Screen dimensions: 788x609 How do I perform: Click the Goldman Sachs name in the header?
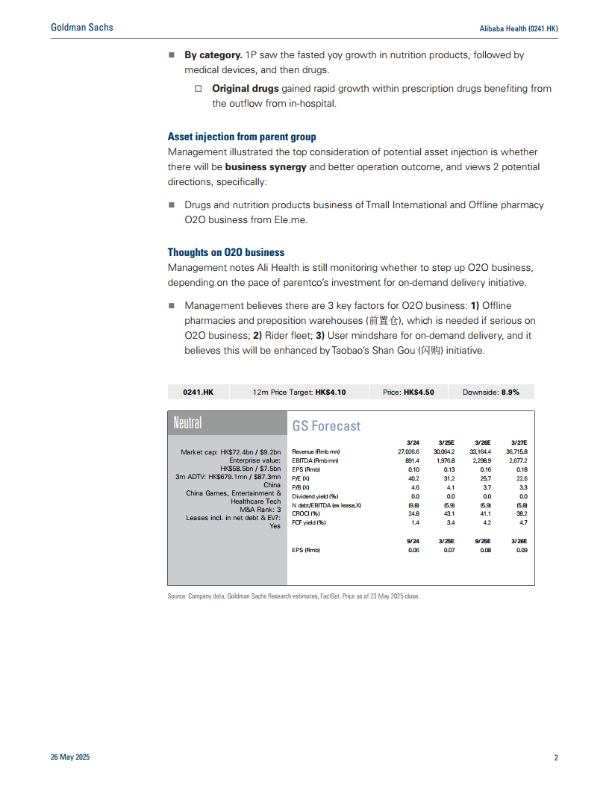tap(82, 28)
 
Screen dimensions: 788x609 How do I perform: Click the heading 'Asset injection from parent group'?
tap(241, 137)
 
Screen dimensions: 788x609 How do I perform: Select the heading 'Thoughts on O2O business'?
tap(226, 252)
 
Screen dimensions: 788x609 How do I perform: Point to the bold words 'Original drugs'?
tap(246, 88)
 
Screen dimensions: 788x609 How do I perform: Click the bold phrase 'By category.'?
tap(213, 55)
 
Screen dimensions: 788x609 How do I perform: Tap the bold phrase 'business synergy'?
tap(266, 166)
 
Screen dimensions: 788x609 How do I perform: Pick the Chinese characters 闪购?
tap(428, 350)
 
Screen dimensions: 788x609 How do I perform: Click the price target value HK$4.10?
tap(331, 392)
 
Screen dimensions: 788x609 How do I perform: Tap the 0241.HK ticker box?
tap(199, 392)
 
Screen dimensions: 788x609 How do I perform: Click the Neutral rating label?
tap(187, 423)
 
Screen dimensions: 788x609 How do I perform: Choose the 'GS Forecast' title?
tap(326, 426)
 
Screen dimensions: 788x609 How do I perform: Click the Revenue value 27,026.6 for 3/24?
tap(409, 451)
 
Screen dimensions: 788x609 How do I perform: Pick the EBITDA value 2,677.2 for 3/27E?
tap(516, 460)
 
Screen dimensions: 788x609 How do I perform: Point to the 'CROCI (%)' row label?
tap(306, 513)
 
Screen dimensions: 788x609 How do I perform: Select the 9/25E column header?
tap(481, 541)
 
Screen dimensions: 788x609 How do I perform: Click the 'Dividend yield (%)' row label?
tap(315, 495)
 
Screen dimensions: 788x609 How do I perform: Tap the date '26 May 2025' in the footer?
tap(70, 757)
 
